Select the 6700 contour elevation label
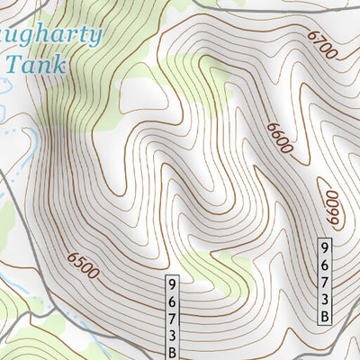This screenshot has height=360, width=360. click(321, 45)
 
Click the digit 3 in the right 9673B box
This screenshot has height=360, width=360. click(326, 298)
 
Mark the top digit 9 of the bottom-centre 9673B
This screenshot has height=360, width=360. click(172, 283)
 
